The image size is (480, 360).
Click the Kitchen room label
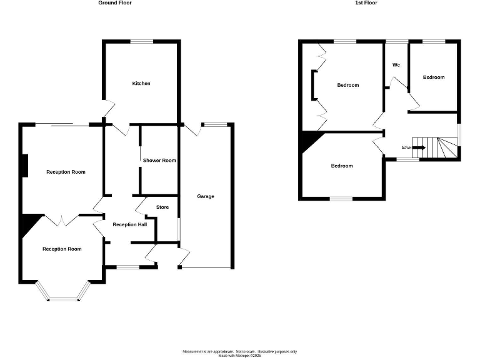[141, 83]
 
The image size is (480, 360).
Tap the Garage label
[206, 196]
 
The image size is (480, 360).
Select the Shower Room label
[159, 161]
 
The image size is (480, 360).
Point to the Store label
[162, 207]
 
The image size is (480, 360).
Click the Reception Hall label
[129, 224]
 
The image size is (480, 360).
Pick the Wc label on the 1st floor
[396, 65]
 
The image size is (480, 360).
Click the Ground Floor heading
[115, 3]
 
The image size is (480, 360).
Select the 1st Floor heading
[367, 3]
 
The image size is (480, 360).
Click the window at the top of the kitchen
[142, 42]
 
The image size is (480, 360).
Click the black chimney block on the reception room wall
[23, 165]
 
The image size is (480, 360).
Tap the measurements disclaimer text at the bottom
[240, 353]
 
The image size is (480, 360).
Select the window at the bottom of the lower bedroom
[341, 199]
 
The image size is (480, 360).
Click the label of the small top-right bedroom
[434, 77]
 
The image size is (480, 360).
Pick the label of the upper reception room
[66, 172]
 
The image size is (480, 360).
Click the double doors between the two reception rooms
[62, 220]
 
